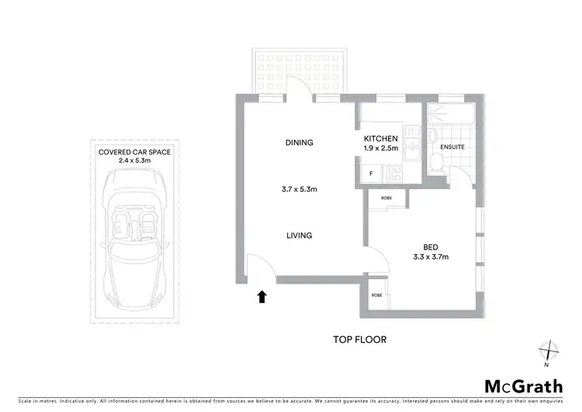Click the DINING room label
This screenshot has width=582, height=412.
tap(299, 142)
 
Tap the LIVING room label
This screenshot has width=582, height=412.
tap(299, 236)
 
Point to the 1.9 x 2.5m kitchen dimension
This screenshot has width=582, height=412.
tap(380, 148)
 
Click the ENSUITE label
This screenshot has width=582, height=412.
tap(452, 147)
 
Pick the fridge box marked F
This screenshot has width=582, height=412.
tap(371, 173)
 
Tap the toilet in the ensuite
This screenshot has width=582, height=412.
tap(437, 163)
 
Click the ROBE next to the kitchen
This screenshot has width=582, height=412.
tap(386, 198)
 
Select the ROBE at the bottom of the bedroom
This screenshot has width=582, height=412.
tap(376, 295)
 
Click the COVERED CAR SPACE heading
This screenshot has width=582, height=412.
tap(134, 152)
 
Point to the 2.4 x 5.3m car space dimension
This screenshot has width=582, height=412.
tap(134, 160)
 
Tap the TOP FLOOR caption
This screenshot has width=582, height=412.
tap(359, 340)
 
